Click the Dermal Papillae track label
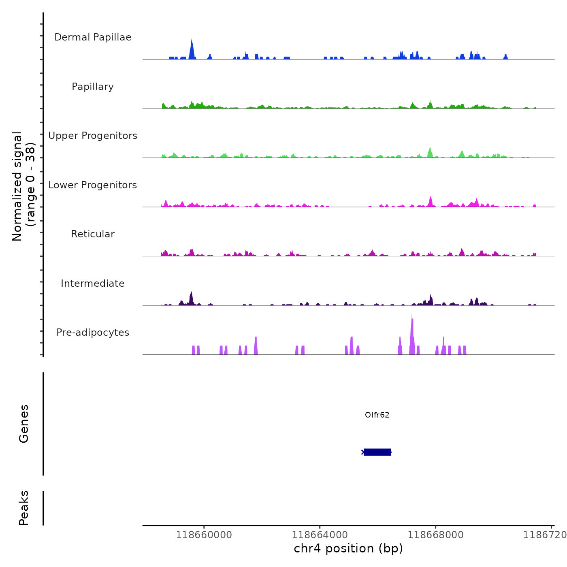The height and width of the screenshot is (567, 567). (93, 37)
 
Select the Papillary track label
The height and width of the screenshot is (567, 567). (93, 87)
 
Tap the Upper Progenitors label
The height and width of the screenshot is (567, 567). (93, 136)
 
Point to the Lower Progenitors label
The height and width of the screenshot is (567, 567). (93, 185)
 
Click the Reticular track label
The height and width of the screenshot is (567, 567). (93, 234)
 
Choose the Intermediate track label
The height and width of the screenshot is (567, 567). (93, 283)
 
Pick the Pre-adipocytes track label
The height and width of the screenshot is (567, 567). (93, 333)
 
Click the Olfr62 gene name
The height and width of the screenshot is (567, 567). (377, 415)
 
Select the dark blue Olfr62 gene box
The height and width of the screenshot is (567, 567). (377, 452)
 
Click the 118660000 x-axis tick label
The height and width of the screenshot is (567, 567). (204, 535)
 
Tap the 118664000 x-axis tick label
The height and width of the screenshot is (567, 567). (320, 535)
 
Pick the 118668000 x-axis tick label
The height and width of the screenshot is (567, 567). (436, 535)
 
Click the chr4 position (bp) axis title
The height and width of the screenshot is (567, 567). (348, 548)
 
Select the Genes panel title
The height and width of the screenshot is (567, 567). (24, 424)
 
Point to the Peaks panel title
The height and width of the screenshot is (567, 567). (24, 508)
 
